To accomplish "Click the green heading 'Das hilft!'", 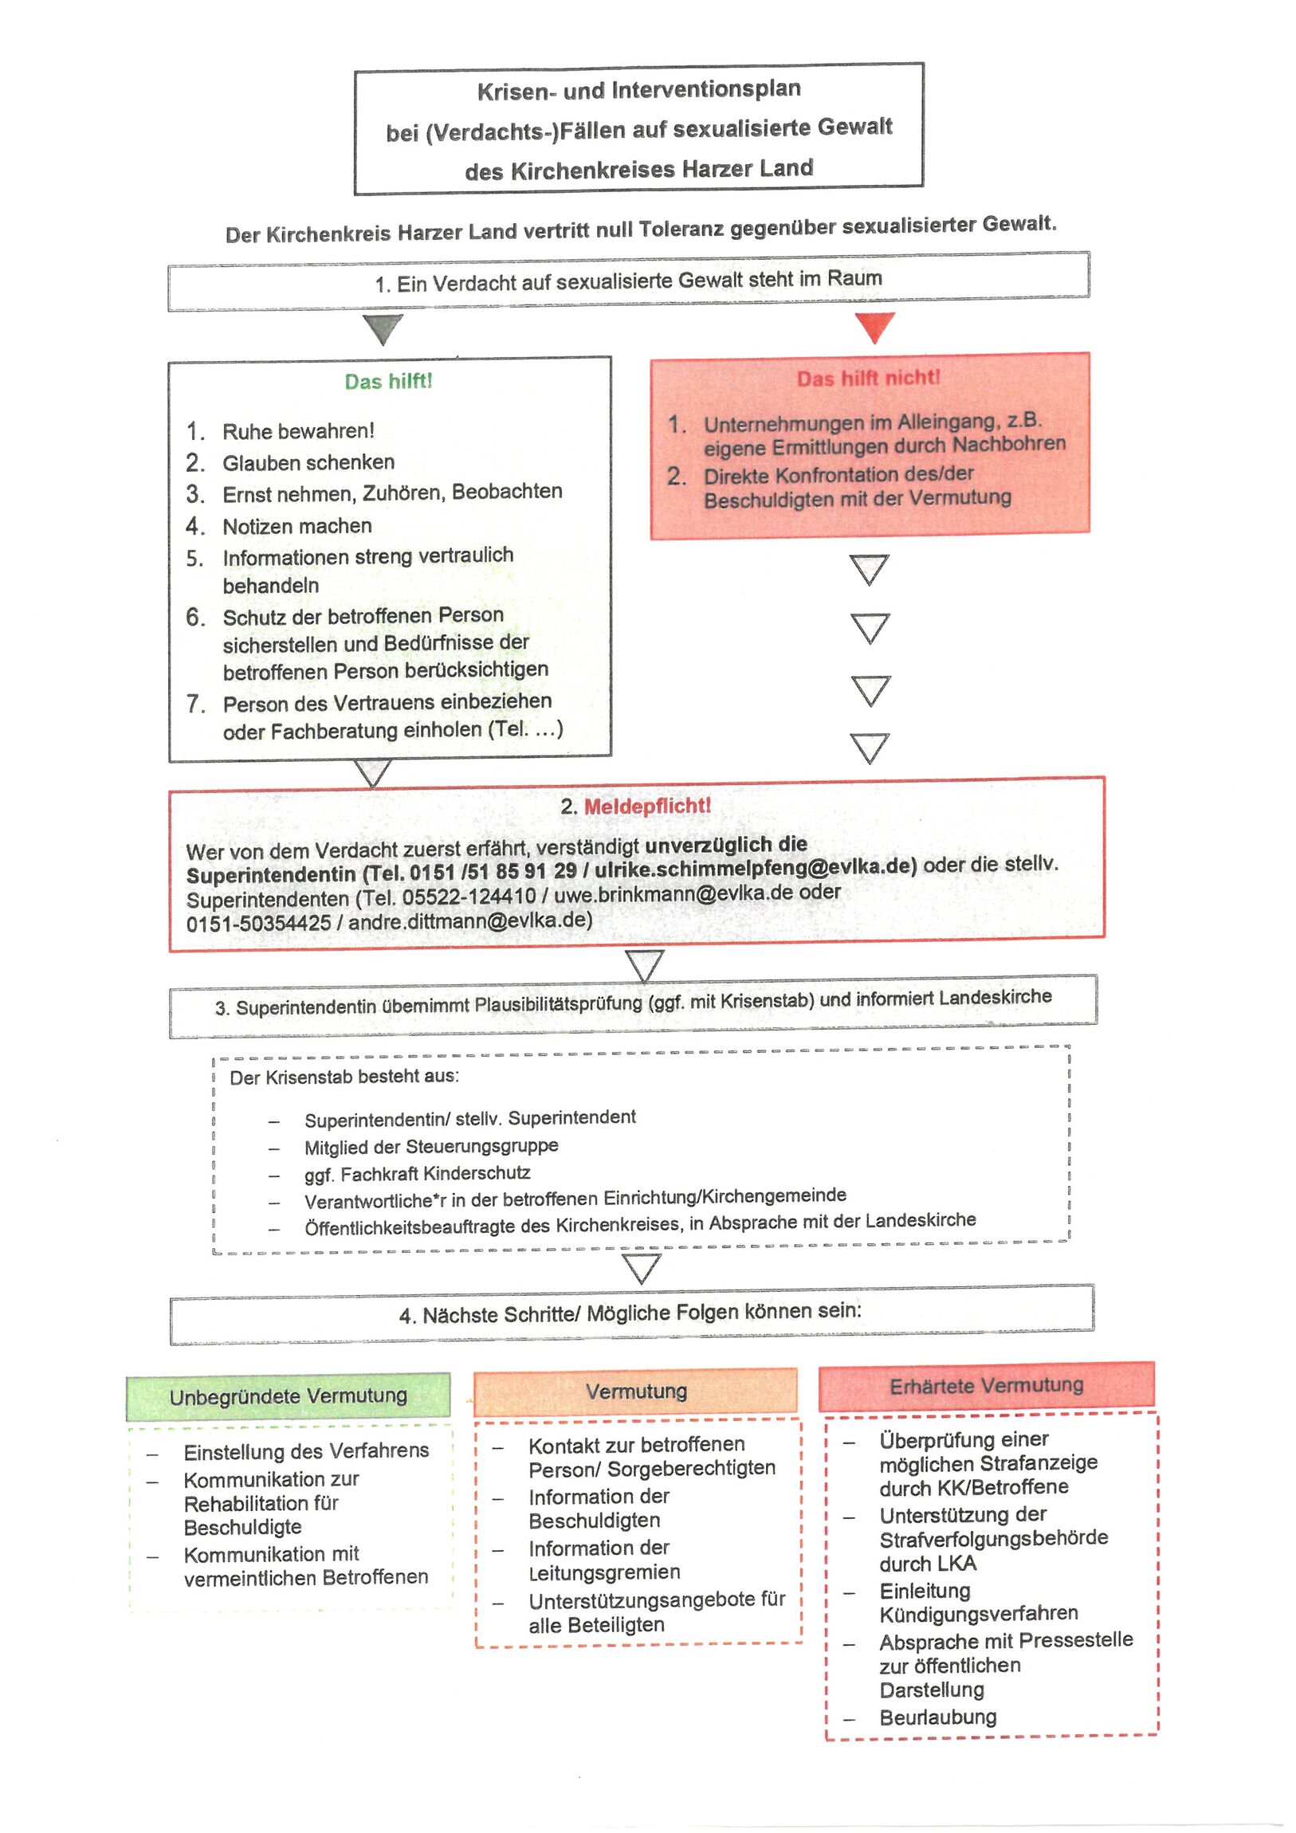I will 388,382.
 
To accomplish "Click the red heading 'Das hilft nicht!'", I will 868,378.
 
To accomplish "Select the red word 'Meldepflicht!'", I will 646,806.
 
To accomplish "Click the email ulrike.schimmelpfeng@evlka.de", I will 755,867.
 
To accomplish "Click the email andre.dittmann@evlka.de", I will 470,921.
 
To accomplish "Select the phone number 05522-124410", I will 469,897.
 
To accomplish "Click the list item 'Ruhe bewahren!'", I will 298,431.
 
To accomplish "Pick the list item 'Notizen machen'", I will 297,526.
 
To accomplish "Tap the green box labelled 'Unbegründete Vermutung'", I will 289,1396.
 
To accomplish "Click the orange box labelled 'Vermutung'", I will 636,1391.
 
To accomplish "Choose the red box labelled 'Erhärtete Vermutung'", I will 986,1385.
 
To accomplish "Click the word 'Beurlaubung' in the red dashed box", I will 937,1717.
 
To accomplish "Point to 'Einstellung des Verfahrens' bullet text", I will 306,1450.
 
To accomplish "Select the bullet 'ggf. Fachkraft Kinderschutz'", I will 417,1174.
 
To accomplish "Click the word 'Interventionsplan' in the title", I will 706,89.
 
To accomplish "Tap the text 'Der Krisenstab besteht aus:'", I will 344,1077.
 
